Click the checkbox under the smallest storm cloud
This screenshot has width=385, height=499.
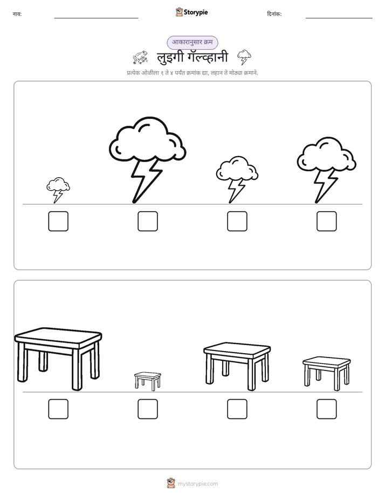(58, 221)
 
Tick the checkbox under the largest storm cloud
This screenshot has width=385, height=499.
(148, 221)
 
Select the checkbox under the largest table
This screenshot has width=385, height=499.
(58, 409)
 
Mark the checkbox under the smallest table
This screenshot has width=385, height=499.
(148, 409)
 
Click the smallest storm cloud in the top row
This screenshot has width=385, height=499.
(58, 190)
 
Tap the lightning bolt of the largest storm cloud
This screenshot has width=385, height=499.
(146, 180)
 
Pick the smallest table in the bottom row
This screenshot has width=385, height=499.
(148, 381)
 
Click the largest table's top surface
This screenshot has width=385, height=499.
(58, 335)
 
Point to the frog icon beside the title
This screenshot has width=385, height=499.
(140, 57)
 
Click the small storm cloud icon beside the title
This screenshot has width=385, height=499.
(244, 57)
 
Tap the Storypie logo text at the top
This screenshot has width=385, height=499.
(196, 12)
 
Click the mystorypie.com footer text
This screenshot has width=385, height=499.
(197, 484)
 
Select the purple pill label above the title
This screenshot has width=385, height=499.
(192, 42)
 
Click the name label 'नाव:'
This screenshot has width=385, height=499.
(17, 14)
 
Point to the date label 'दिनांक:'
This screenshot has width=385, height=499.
(274, 14)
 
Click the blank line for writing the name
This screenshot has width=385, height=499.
(96, 18)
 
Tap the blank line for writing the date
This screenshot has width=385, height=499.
(339, 18)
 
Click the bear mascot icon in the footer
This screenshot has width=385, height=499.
(171, 483)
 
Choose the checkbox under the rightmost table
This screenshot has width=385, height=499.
(327, 409)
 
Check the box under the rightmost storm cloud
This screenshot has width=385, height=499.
(327, 221)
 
